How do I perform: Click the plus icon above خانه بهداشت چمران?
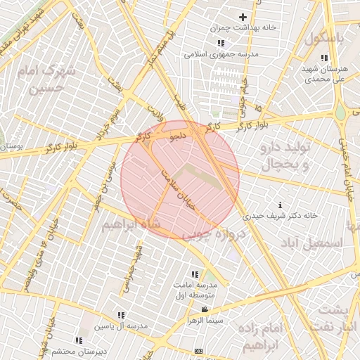click(x=243, y=17)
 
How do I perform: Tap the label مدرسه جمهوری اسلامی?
click(x=221, y=54)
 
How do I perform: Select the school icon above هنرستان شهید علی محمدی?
click(x=323, y=58)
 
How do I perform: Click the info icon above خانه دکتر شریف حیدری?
click(x=281, y=205)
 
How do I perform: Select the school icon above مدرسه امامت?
click(x=194, y=274)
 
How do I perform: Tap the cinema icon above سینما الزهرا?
click(x=205, y=310)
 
